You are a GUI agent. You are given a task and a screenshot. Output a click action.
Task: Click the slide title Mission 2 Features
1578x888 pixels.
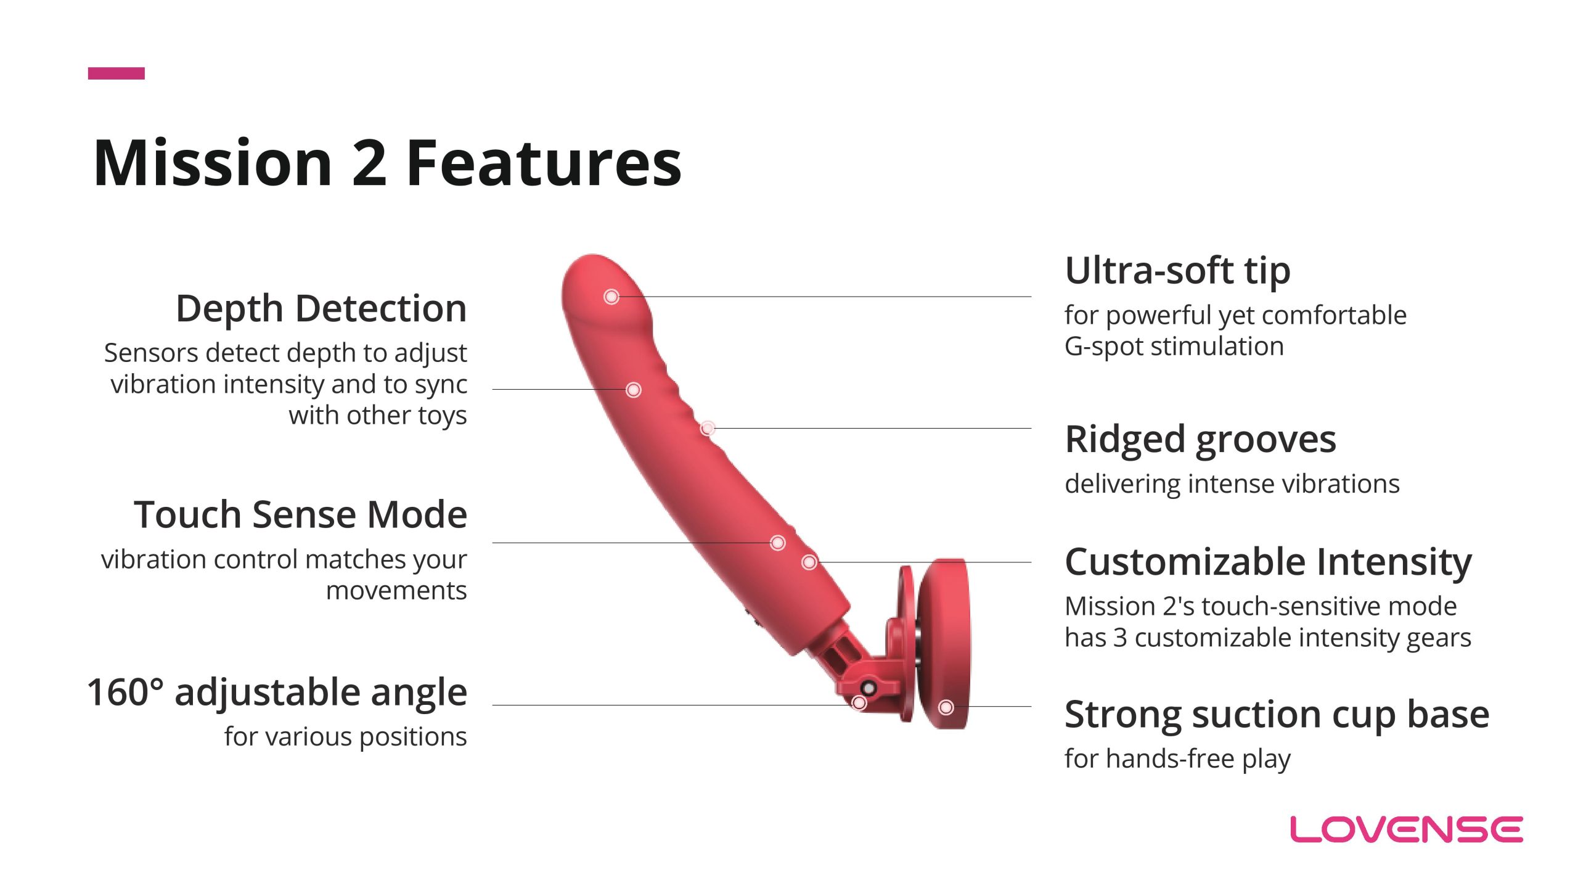(387, 163)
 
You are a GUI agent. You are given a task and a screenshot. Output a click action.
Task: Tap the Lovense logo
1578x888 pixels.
(1407, 829)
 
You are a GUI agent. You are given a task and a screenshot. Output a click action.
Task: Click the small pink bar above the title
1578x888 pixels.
(117, 73)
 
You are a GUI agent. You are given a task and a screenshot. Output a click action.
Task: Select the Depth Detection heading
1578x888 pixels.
(321, 308)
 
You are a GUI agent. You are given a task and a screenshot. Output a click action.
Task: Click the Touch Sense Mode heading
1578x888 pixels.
(301, 514)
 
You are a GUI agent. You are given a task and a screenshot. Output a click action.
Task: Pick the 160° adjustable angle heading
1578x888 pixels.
(277, 693)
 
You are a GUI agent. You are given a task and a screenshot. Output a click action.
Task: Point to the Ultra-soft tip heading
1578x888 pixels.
(1177, 271)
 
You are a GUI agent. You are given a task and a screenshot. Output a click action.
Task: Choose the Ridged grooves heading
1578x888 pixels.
(1200, 440)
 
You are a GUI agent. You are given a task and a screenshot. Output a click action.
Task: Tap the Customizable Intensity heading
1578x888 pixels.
(1269, 562)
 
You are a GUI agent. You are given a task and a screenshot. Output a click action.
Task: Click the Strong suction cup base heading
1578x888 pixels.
(1277, 715)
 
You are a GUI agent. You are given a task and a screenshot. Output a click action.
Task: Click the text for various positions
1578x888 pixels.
(345, 737)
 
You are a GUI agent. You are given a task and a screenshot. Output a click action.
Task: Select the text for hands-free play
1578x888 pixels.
(1177, 759)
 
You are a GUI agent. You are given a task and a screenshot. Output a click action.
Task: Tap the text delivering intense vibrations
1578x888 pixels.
(1232, 484)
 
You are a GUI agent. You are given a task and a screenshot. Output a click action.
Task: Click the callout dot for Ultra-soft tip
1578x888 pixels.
(611, 297)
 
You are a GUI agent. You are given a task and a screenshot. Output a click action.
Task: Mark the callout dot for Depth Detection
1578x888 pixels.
(634, 390)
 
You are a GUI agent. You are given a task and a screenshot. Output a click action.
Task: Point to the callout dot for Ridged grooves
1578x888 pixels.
(708, 428)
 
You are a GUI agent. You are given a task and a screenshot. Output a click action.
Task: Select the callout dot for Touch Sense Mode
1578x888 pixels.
(778, 543)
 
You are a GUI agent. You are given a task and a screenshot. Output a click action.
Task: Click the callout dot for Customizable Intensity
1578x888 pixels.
(809, 562)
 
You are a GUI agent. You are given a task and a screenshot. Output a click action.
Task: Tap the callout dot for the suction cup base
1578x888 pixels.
(946, 707)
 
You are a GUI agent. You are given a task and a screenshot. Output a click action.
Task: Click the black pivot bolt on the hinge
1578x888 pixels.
(869, 688)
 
